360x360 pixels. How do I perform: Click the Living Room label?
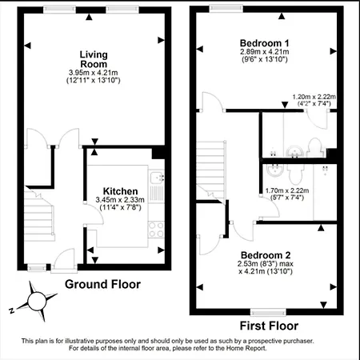[93, 59]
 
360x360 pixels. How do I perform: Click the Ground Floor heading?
[102, 284]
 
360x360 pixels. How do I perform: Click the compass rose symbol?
[37, 302]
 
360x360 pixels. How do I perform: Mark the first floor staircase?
[212, 168]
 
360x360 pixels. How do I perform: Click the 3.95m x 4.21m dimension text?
[93, 73]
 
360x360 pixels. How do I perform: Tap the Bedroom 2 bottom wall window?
[263, 311]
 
